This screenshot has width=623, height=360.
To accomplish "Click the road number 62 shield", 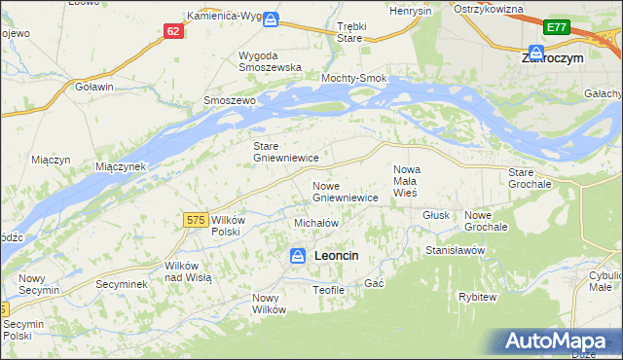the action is [x=173, y=31].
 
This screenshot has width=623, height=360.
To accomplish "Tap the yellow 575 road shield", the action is [x=194, y=222].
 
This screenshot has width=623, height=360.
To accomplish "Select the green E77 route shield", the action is [x=557, y=28].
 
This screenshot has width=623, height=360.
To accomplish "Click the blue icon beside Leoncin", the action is [x=298, y=255].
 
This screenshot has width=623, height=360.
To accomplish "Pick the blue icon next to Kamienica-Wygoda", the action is [x=271, y=18].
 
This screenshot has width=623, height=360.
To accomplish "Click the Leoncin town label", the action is [x=337, y=255].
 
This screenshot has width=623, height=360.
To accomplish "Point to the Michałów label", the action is [x=315, y=223].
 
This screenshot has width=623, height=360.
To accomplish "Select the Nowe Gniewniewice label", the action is [x=345, y=191].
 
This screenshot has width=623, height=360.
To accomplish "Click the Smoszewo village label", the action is [x=228, y=100].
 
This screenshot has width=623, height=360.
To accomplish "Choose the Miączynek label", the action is [x=121, y=166].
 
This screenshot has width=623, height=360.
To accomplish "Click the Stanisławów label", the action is [x=455, y=250].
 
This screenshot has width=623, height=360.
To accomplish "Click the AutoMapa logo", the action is [x=559, y=341].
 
